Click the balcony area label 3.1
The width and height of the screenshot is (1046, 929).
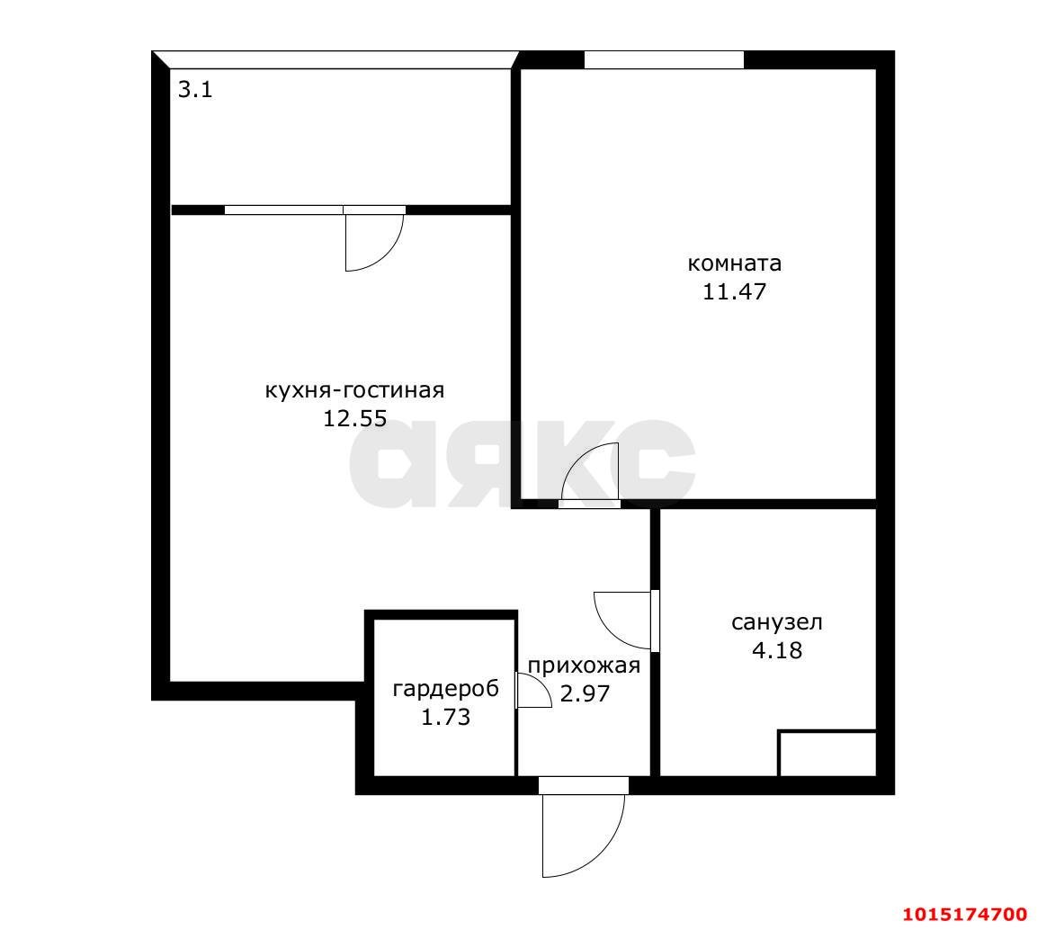click(195, 89)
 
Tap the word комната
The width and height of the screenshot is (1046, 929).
click(735, 264)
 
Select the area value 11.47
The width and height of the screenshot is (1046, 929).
click(735, 292)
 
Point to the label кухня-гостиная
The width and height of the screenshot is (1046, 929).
click(355, 390)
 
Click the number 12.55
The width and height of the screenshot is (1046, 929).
click(355, 419)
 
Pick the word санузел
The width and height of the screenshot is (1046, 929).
click(777, 622)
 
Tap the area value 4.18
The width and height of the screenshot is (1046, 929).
click(777, 650)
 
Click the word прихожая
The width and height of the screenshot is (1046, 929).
click(585, 665)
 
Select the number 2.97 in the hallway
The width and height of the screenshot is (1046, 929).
click(585, 693)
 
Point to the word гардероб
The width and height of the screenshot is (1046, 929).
click(445, 688)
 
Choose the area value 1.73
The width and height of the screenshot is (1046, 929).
click(445, 718)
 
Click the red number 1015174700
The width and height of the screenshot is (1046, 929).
click(965, 913)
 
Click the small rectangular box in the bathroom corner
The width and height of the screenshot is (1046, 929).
click(827, 755)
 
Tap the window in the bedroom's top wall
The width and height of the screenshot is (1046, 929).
click(664, 59)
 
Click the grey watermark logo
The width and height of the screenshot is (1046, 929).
click(523, 464)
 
